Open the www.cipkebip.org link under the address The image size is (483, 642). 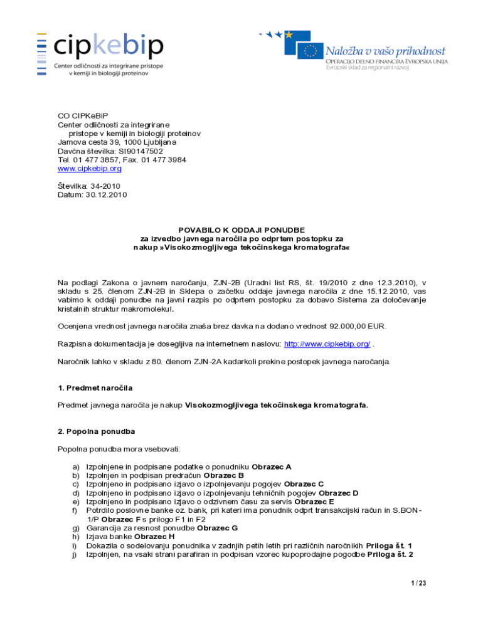point(89,169)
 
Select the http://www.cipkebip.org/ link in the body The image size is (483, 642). point(327,344)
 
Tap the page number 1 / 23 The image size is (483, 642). point(418,583)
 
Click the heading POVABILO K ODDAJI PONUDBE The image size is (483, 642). point(242,230)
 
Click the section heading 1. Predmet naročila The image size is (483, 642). point(95,388)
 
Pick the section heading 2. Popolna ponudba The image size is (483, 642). point(96,431)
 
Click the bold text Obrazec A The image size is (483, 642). point(271,466)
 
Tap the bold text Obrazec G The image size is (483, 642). point(217,528)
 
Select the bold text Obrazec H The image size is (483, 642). point(154,537)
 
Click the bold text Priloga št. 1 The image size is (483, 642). point(389,545)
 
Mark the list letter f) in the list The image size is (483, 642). point(75,510)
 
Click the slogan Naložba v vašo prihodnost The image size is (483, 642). point(385,51)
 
